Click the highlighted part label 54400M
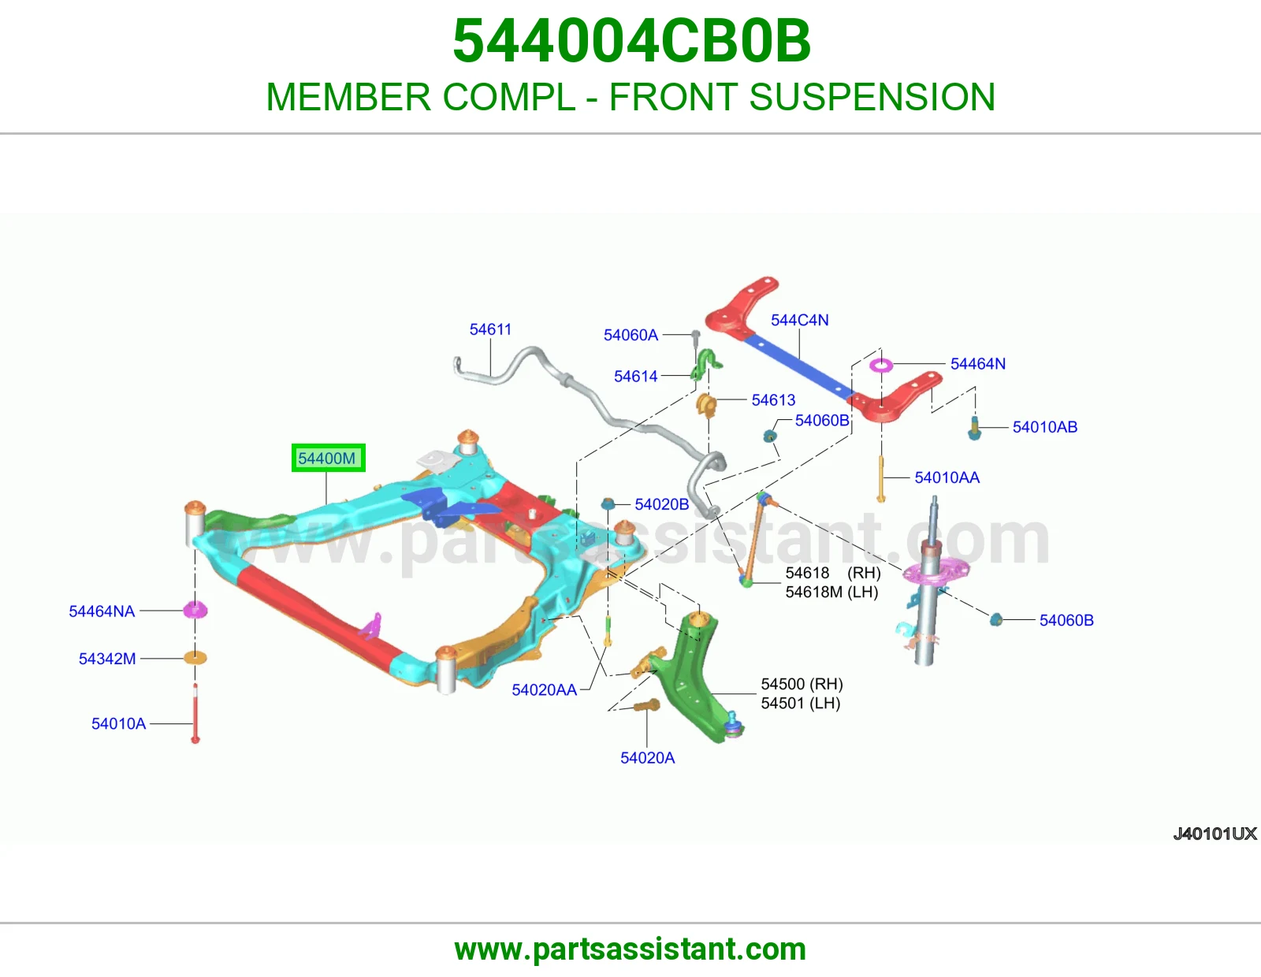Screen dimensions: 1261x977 328,458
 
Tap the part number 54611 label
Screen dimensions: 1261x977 490,329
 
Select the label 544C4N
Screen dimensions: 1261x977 799,320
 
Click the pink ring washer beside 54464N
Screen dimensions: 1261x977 880,365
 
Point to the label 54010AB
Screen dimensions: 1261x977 1044,427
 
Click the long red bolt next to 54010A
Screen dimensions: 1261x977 195,713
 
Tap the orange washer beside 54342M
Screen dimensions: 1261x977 195,658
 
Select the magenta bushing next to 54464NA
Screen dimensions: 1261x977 195,610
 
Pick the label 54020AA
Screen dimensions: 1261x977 544,690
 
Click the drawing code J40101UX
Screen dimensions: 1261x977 1215,834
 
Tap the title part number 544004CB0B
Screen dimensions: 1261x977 630,41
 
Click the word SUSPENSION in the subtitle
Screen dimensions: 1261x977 872,97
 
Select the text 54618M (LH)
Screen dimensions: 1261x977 831,592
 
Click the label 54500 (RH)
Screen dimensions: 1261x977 802,684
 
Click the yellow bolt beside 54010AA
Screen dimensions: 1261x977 881,479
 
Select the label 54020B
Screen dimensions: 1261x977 661,504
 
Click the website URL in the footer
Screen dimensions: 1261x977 630,949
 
